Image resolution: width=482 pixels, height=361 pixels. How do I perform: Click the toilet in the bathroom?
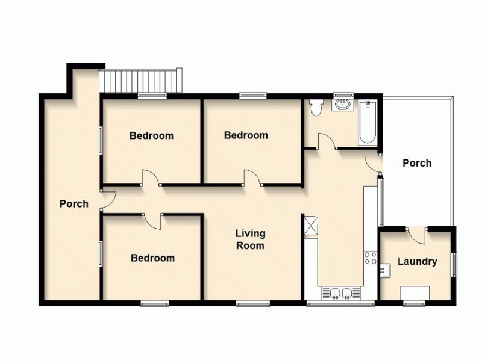click(x=315, y=108)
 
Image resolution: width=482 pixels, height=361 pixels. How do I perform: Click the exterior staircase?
click(x=140, y=81)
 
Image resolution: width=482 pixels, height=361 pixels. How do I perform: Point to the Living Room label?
click(x=250, y=239)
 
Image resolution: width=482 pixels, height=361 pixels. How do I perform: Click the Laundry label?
click(x=417, y=262)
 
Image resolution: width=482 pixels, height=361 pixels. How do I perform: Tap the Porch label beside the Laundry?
click(x=416, y=163)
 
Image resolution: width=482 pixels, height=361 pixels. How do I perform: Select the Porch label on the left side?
click(x=74, y=204)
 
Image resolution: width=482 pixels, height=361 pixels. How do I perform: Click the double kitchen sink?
click(x=342, y=293)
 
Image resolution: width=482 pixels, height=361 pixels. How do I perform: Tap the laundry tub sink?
click(x=386, y=272)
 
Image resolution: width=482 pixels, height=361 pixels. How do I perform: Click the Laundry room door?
click(x=417, y=235)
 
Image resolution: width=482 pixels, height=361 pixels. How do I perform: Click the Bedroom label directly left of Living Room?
click(x=153, y=258)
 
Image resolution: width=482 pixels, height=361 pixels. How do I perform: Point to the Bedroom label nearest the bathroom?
click(x=246, y=135)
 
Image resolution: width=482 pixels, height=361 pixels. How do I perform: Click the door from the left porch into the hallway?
click(x=104, y=200)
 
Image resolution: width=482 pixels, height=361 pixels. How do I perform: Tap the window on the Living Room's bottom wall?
click(x=246, y=303)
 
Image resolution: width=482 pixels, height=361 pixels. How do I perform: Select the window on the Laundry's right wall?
click(x=455, y=263)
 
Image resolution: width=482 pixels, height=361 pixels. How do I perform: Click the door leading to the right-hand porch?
click(x=373, y=162)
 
